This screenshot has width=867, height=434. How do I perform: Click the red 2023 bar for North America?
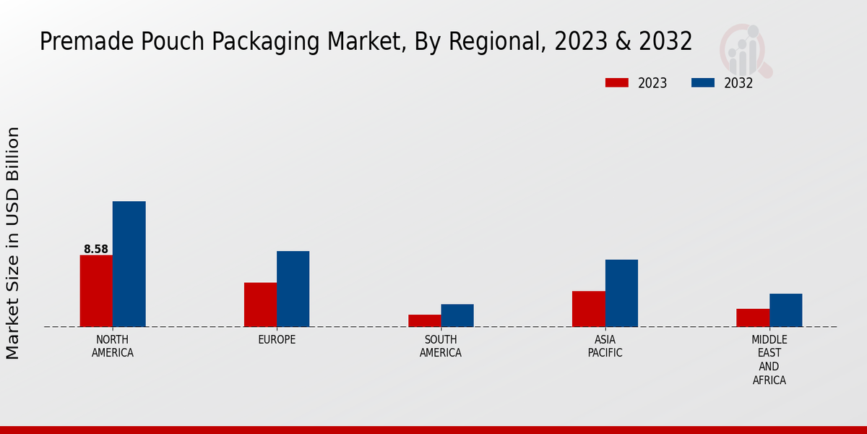coord(96,291)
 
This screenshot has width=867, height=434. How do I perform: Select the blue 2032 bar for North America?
coord(129,264)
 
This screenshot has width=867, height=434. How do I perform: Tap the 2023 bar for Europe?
coord(260,305)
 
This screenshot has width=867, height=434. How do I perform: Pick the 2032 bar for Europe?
coord(293,289)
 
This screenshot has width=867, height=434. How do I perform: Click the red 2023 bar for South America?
coord(424,320)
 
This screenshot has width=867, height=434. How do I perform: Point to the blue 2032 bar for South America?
coord(457,315)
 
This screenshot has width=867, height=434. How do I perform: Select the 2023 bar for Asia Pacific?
coord(588,309)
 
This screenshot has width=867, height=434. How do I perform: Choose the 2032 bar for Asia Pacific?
coord(621,293)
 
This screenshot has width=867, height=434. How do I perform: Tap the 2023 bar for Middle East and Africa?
coord(753,318)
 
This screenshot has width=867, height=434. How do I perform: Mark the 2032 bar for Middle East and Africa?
coord(786,310)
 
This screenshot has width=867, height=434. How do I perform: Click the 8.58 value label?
coord(96,250)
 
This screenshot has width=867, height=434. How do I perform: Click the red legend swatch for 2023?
coord(616,83)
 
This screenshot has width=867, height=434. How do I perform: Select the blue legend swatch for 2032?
coord(703,83)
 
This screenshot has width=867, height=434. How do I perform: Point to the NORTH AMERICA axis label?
coord(113,346)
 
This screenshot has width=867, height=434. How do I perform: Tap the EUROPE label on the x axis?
coord(277,340)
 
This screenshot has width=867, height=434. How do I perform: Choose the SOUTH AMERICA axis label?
coord(441,346)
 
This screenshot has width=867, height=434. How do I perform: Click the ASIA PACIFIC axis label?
coord(605,346)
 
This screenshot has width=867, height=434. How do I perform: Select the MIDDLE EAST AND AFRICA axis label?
coord(769,359)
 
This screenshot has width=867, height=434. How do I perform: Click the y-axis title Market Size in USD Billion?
coord(13,243)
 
